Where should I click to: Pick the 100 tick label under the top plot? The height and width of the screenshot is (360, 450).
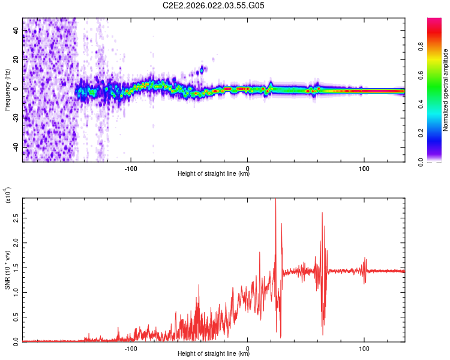(x=364, y=167)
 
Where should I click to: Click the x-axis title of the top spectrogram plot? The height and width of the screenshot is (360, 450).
(x=214, y=174)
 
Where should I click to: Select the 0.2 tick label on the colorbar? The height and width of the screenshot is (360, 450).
(x=439, y=133)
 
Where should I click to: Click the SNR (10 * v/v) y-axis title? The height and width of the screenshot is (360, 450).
(x=7, y=270)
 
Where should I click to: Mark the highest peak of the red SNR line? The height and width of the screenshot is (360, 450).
(x=275, y=201)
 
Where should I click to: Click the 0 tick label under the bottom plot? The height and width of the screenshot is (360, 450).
(x=248, y=347)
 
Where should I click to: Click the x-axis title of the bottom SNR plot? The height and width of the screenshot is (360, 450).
(x=214, y=354)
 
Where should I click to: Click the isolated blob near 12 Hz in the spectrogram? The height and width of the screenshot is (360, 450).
(x=202, y=70)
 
